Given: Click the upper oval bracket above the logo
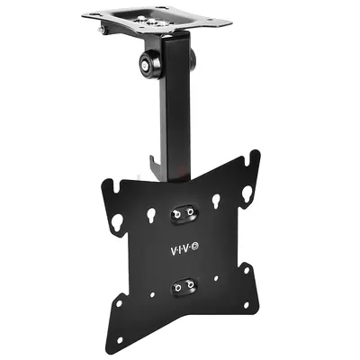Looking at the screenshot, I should (184, 213).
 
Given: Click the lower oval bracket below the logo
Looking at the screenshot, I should (185, 283).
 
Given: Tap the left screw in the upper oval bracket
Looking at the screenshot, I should (175, 213).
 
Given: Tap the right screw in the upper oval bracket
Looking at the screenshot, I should (193, 212).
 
